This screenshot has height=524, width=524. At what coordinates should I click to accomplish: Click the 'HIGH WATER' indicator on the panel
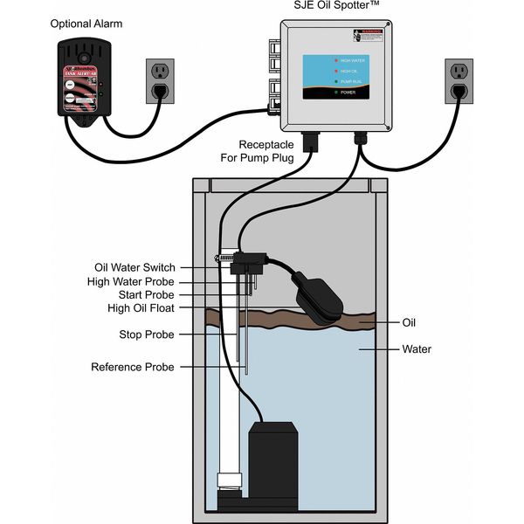(353, 59)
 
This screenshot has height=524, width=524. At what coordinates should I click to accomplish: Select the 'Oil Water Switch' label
(134, 267)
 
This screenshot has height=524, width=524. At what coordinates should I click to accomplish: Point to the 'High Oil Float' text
(141, 308)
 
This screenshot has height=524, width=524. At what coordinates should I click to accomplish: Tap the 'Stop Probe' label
(146, 334)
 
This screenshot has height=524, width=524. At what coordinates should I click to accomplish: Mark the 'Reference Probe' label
(133, 367)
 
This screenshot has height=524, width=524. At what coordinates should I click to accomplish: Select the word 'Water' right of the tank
(417, 349)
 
